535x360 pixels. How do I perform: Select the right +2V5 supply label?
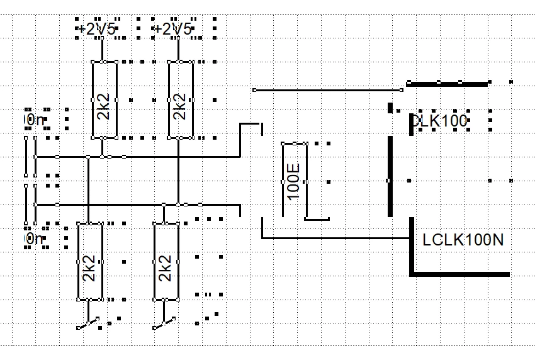click(x=174, y=29)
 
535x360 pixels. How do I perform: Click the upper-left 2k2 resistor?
click(x=104, y=99)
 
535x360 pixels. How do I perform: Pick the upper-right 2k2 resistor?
click(x=180, y=99)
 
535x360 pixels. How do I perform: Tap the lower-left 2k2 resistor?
click(x=89, y=260)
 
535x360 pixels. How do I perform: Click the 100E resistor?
click(x=294, y=181)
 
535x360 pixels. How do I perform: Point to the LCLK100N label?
click(x=463, y=240)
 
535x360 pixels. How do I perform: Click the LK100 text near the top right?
click(x=440, y=121)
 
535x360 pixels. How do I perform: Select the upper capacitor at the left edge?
click(x=30, y=156)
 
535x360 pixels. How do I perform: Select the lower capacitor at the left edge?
click(x=30, y=204)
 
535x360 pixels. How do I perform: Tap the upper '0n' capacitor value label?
click(x=34, y=120)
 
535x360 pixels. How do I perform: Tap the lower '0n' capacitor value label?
click(x=34, y=239)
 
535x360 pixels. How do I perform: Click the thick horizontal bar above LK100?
click(x=448, y=82)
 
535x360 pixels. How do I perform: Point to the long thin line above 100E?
click(x=327, y=90)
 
